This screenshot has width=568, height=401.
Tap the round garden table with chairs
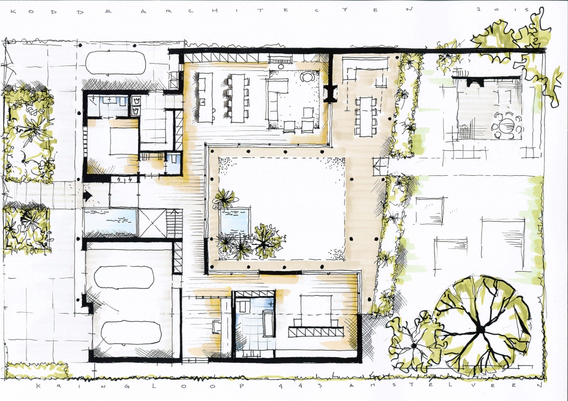pyautogui.click(x=506, y=127)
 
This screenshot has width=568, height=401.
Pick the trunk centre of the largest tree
pyautogui.click(x=481, y=329)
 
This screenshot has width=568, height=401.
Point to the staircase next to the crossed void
pyautogui.click(x=173, y=223)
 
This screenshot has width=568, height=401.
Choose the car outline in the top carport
pyautogui.click(x=116, y=63)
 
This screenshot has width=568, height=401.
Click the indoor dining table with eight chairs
pyautogui.click(x=238, y=98)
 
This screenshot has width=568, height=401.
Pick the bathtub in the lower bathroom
pyautogui.click(x=268, y=324)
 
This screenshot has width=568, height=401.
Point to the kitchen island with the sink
pyautogui.click(x=205, y=98)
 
